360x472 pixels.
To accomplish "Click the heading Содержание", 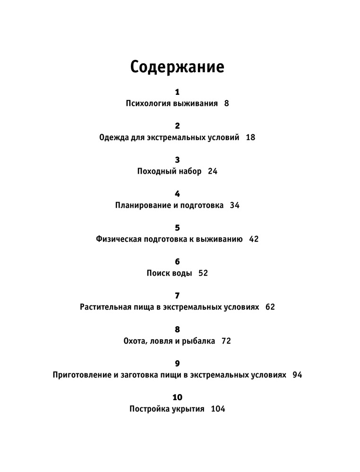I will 177,67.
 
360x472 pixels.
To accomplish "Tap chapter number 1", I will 177,92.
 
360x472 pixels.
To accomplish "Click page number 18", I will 250,137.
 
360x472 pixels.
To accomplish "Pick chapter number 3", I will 177,160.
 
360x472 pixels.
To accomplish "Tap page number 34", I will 235,205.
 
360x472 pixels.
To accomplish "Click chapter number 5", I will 177,228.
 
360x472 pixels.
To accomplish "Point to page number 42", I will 254,239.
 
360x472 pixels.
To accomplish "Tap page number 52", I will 203,273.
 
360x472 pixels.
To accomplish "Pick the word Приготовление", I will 82,375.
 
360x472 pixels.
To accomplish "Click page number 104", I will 218,409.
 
